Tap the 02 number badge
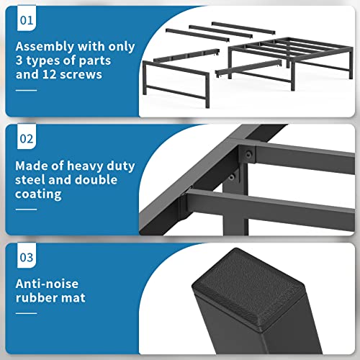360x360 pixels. (25, 138)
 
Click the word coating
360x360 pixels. (41, 194)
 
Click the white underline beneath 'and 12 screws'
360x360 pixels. (25, 90)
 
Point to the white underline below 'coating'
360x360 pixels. (25, 209)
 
